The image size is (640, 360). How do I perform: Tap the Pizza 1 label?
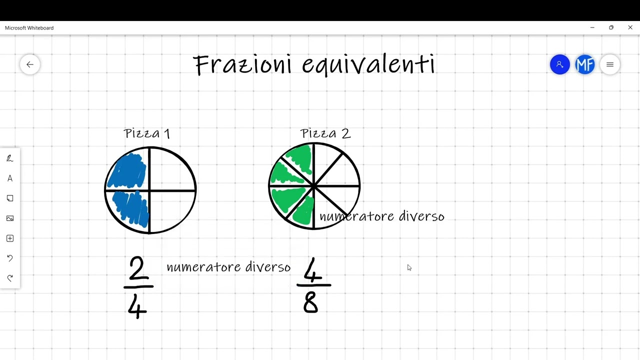click(x=146, y=133)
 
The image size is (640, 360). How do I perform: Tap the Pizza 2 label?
click(x=325, y=133)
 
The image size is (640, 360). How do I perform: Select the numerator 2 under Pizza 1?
click(x=137, y=268)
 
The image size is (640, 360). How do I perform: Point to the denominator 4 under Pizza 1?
click(x=137, y=306)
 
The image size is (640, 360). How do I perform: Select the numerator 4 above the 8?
click(x=312, y=270)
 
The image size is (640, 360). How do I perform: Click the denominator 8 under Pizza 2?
click(x=310, y=303)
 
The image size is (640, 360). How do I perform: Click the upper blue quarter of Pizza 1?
click(x=127, y=170)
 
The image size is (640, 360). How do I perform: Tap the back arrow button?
click(x=30, y=64)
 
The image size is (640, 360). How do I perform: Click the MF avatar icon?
click(x=585, y=64)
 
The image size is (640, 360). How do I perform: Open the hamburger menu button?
click(x=610, y=64)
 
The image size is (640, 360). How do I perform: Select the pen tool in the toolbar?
click(x=9, y=158)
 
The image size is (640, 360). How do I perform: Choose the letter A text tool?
click(x=9, y=178)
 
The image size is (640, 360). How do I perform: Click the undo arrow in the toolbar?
click(x=9, y=258)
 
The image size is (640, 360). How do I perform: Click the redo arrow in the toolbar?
click(x=9, y=278)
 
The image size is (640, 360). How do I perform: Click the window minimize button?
click(x=592, y=27)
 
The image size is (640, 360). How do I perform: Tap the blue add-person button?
click(x=559, y=64)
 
